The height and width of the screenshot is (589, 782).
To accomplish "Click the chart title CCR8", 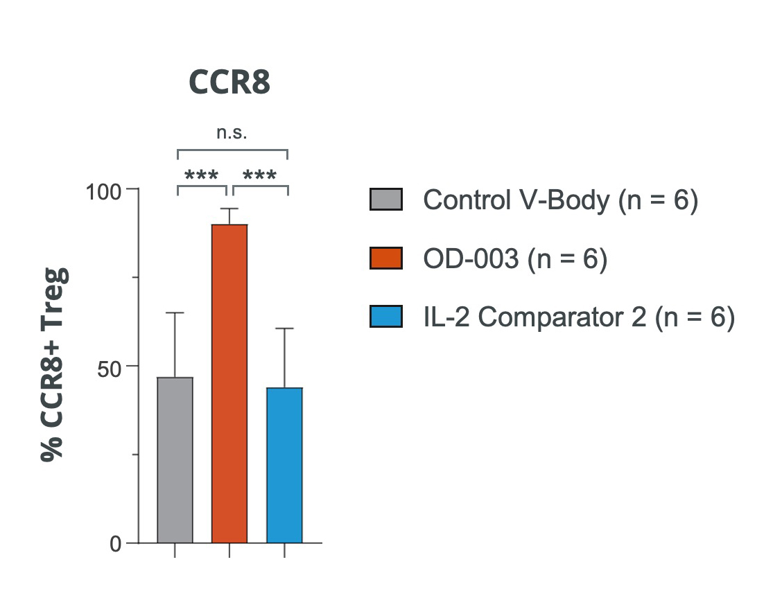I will tap(229, 83).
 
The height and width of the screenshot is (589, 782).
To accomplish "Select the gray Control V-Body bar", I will tap(175, 460).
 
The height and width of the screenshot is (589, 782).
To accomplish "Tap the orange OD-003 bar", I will tap(229, 384).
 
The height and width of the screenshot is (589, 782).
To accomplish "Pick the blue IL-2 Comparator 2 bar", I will tap(284, 465).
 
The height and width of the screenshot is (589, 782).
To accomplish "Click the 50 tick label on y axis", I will tap(108, 367).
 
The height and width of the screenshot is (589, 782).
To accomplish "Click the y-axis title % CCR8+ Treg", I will tap(55, 364).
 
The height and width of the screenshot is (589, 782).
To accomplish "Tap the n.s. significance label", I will tap(232, 133).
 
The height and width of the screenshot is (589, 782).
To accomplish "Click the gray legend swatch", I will tap(386, 200).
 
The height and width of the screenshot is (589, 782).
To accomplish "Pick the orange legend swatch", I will tap(386, 259).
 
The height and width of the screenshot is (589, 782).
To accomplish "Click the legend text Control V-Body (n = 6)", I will tap(560, 200).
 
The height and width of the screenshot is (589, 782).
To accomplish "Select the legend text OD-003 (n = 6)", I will tap(515, 259).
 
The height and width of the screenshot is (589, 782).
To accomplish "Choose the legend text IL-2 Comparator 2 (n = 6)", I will tap(578, 318).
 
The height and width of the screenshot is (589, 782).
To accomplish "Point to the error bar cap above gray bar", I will tap(175, 313).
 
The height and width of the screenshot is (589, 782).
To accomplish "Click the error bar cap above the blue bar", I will tap(284, 328).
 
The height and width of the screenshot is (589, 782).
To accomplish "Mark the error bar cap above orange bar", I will tap(229, 209).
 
